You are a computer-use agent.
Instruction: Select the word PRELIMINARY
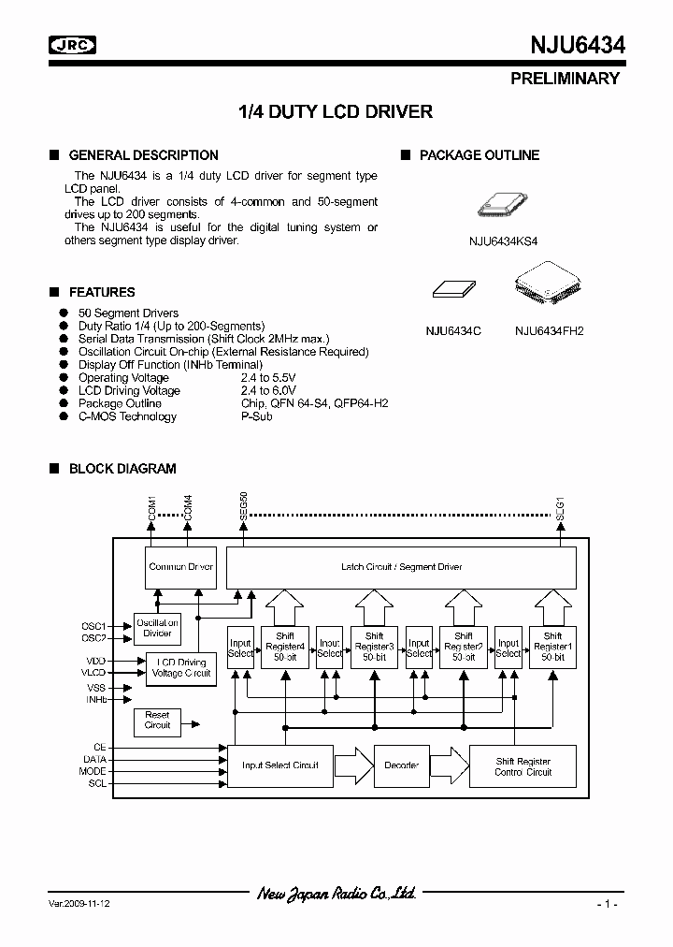565,79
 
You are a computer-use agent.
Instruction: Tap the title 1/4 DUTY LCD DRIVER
336,112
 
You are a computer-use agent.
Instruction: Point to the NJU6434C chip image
452,290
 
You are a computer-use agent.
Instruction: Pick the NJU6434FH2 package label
549,330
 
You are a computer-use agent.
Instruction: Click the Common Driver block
181,567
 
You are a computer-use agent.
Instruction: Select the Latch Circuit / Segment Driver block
402,567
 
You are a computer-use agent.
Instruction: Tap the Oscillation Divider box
157,628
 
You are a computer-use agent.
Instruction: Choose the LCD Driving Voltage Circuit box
181,668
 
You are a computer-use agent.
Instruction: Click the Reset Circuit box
157,720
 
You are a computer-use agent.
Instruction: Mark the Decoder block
401,765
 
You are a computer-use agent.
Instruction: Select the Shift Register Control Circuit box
523,765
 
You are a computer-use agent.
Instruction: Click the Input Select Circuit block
279,765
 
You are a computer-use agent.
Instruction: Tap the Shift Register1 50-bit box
551,648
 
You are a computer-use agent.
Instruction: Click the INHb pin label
96,699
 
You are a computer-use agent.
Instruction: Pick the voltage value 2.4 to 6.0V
268,390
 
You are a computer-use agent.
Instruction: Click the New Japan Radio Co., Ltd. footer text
336,895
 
